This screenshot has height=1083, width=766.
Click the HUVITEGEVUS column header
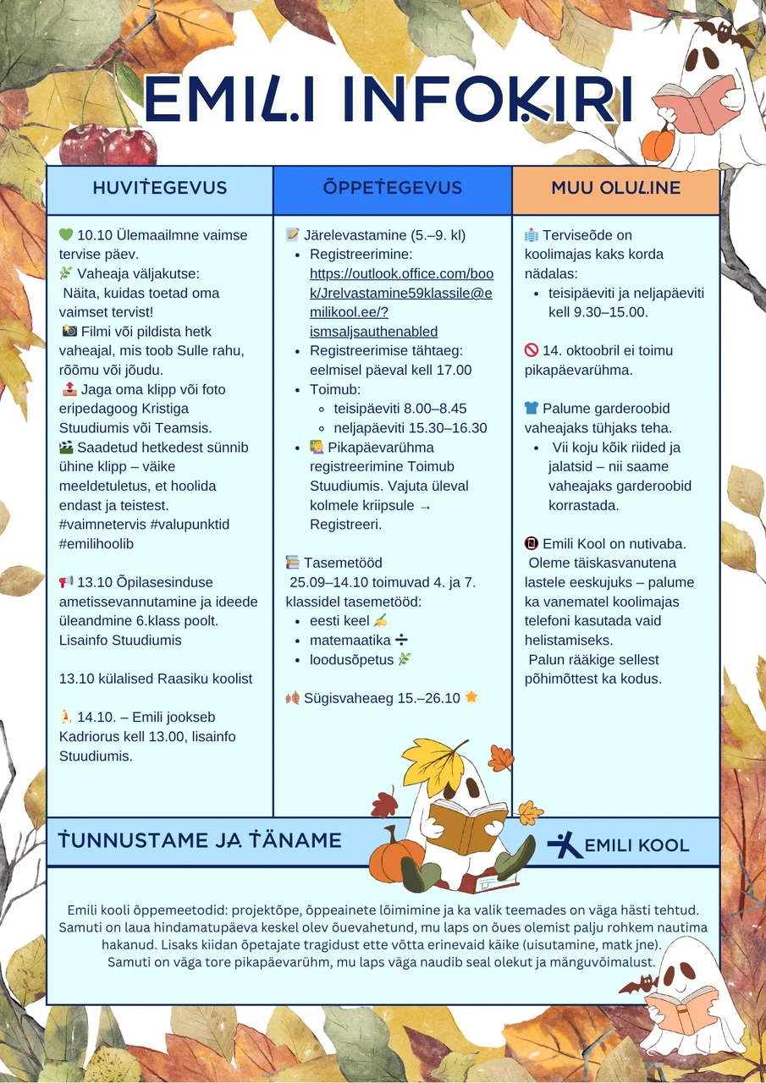[x=160, y=188]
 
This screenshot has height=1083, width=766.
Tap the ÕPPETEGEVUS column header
[x=393, y=188]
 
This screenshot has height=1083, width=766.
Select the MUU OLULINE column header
[x=615, y=188]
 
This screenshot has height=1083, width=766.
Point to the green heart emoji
[x=66, y=235]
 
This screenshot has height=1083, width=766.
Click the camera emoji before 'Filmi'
[x=69, y=332]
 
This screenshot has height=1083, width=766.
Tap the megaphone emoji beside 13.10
[x=66, y=582]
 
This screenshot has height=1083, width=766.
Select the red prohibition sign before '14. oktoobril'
[x=532, y=350]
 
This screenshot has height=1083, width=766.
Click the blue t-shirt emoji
[x=532, y=409]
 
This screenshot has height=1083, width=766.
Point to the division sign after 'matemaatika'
[x=401, y=640]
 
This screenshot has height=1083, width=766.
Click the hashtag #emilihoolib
[x=96, y=544]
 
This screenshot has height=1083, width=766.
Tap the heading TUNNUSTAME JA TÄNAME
[x=200, y=840]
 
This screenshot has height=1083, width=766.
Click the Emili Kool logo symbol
[x=564, y=844]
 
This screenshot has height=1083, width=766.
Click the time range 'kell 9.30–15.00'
[x=598, y=312]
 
